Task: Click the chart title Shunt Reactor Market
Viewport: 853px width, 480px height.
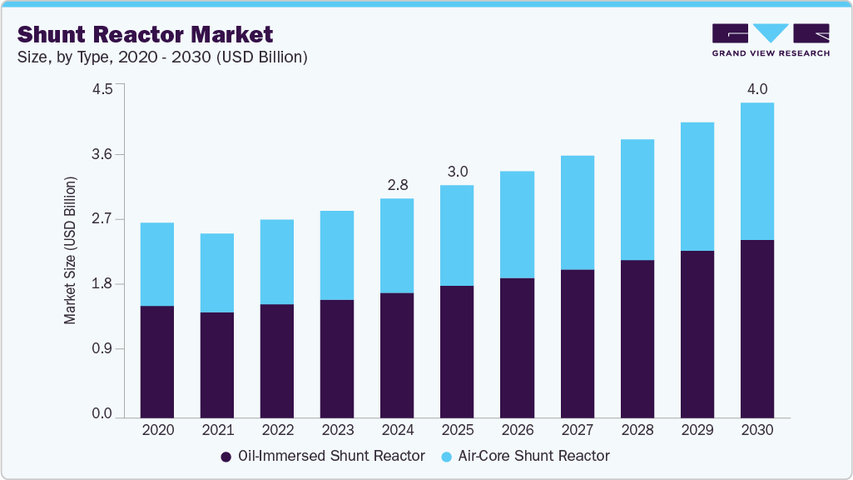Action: (145, 35)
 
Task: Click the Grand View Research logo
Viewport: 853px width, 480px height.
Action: (771, 40)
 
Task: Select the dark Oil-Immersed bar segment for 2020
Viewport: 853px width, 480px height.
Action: (156, 362)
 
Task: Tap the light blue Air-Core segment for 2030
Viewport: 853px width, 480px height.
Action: (757, 172)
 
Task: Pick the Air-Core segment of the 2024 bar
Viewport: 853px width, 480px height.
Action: (397, 246)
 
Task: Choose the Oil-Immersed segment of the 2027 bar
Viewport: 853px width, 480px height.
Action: (577, 343)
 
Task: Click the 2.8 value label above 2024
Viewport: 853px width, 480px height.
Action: (397, 183)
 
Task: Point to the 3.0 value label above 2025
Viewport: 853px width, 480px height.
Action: (457, 171)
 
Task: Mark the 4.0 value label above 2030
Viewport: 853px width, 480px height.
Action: (757, 88)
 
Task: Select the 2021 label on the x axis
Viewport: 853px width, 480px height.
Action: (217, 431)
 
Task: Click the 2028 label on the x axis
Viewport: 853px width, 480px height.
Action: (637, 431)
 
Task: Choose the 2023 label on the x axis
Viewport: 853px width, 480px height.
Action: (337, 431)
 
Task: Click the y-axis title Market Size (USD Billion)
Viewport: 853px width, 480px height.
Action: (71, 250)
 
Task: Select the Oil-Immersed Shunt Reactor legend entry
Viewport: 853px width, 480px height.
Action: (323, 456)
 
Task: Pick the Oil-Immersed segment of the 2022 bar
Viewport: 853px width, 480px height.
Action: (277, 361)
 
